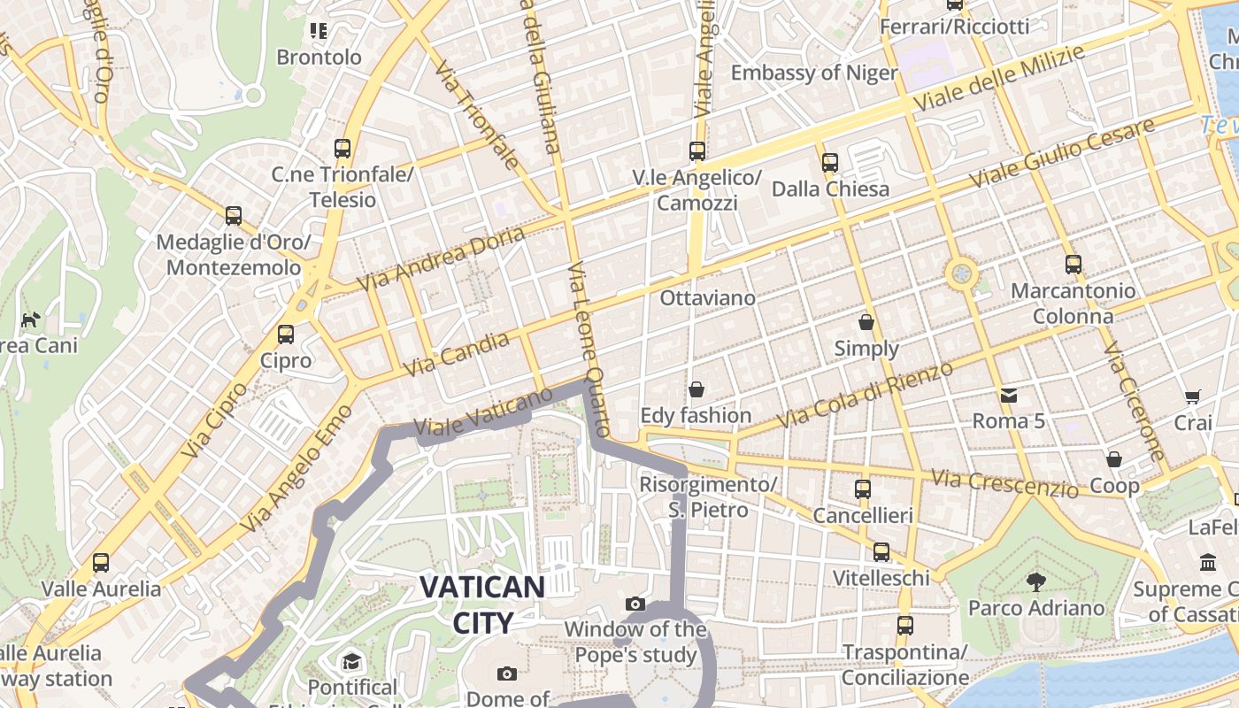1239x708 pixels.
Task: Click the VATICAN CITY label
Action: (482, 604)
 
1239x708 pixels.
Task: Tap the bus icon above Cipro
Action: (285, 335)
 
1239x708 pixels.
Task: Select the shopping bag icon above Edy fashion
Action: (696, 389)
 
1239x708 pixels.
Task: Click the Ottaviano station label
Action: (708, 298)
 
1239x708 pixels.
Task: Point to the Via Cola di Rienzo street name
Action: (865, 395)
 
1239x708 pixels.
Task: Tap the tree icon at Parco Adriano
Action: (1035, 581)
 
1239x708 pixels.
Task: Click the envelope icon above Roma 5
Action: (1008, 395)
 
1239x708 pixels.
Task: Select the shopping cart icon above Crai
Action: (1192, 397)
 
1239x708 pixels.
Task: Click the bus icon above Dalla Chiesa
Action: (829, 163)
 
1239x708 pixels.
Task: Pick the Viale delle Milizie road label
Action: (998, 79)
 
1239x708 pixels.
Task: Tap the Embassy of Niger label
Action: (814, 73)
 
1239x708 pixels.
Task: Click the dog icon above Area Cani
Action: (31, 319)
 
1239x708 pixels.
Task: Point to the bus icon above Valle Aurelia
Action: (101, 563)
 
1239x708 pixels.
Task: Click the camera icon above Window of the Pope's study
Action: (635, 604)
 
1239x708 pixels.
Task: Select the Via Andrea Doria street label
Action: (442, 258)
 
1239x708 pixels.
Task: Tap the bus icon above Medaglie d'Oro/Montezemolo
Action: (234, 216)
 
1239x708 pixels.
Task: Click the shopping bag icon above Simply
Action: (866, 322)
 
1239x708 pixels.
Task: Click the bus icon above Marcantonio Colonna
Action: (1073, 264)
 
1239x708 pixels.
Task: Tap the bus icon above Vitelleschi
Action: (881, 552)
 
